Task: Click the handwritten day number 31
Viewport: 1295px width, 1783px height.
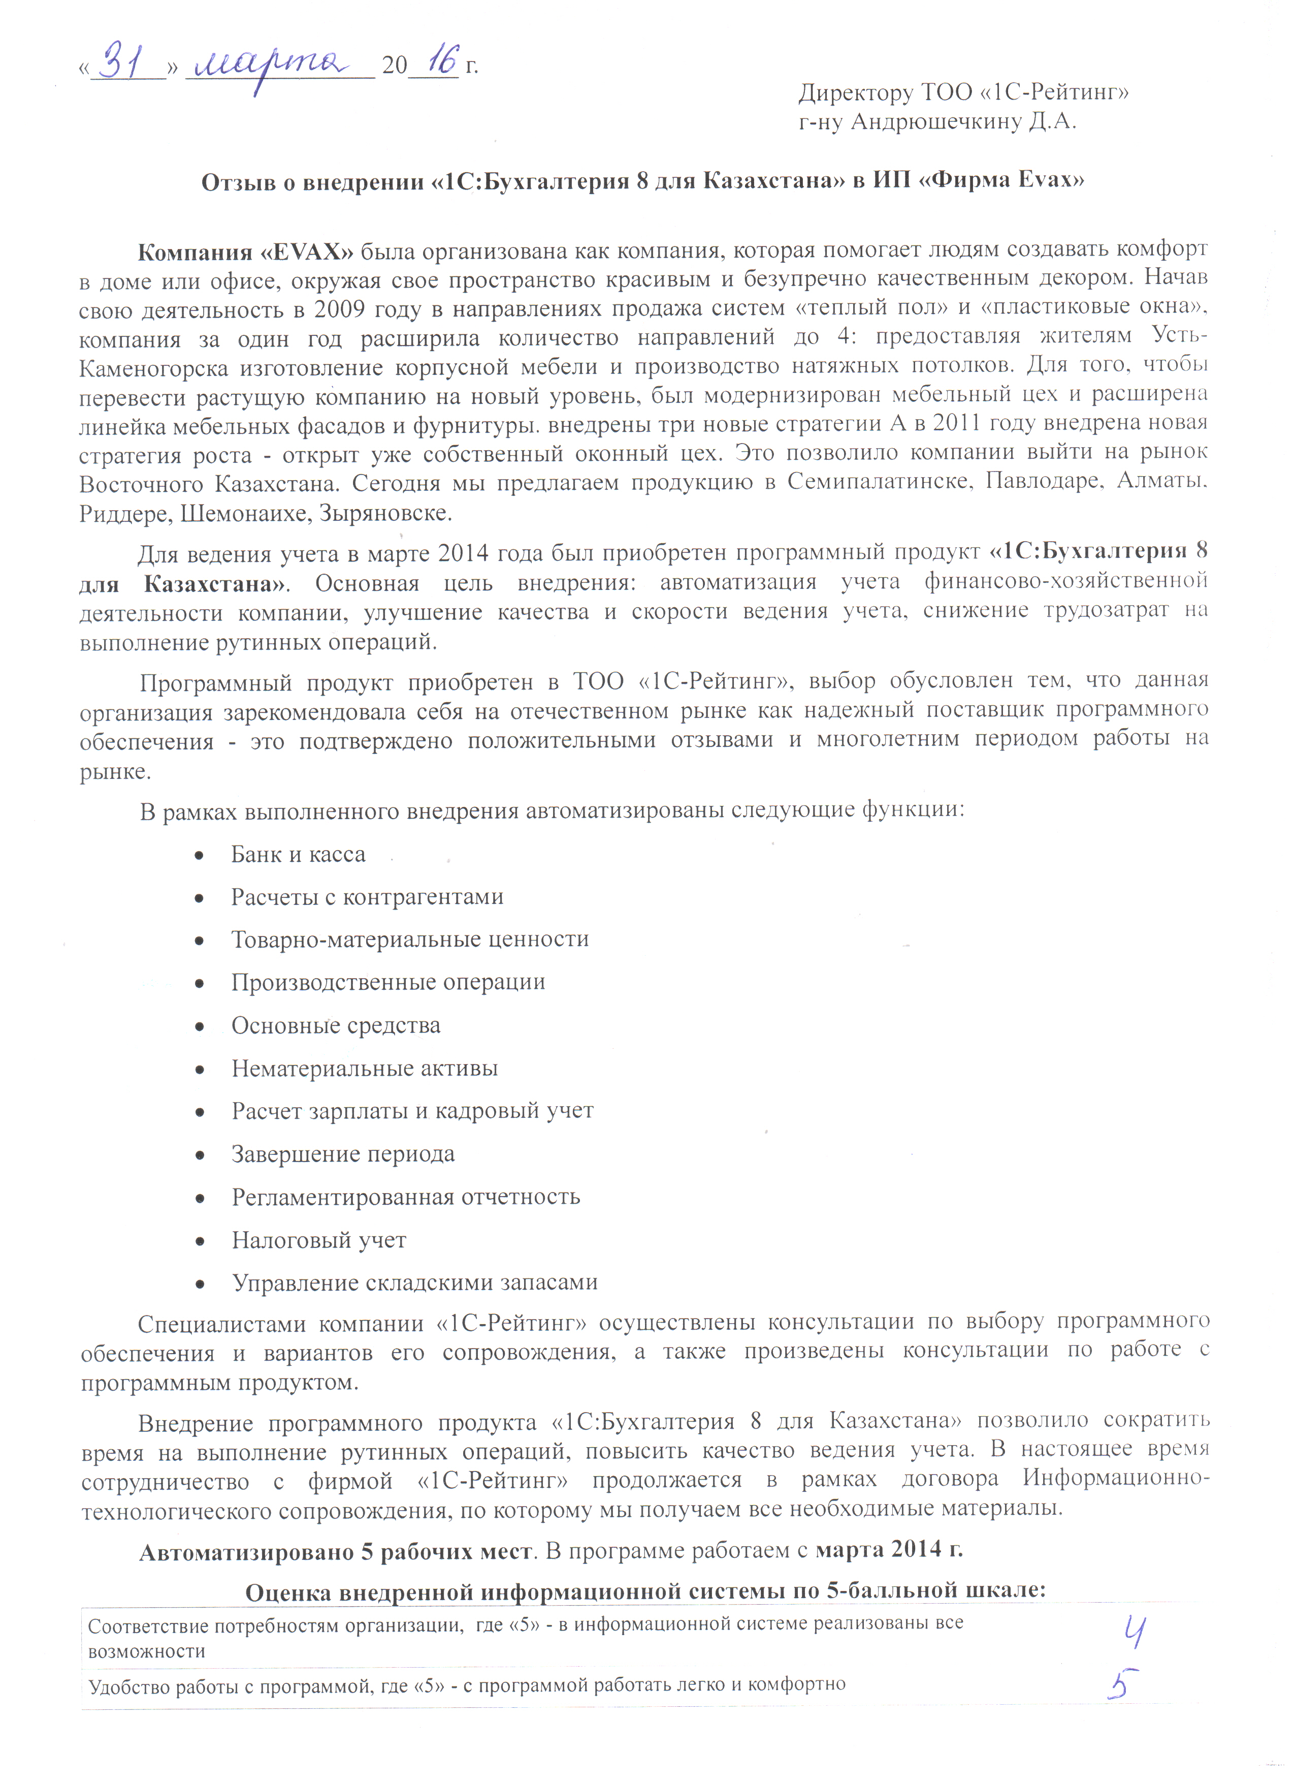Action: point(126,61)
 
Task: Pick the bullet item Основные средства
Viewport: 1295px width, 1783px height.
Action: point(336,1025)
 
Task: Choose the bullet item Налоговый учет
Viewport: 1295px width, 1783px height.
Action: point(318,1240)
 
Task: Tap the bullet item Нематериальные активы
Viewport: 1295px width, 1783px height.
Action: point(365,1069)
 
